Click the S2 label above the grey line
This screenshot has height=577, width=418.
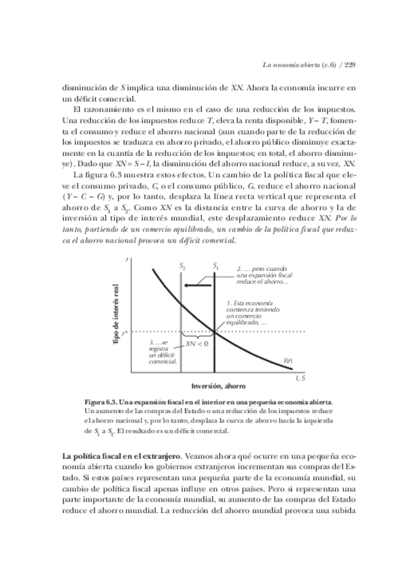click(183, 267)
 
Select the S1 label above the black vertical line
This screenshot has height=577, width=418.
click(215, 267)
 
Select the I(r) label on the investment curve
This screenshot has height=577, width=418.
click(288, 359)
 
